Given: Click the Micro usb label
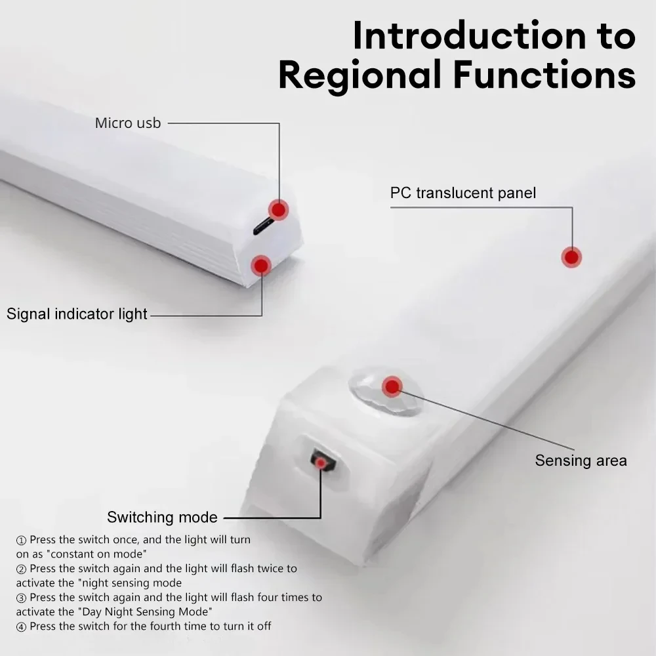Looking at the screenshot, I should point(128,123).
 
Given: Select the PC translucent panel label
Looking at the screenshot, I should point(463,193).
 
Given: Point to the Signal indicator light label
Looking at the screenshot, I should point(77,314).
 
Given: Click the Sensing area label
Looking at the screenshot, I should point(581,461).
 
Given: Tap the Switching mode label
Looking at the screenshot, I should point(162,517).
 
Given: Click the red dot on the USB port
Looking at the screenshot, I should point(279,209).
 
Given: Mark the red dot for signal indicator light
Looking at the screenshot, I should point(262,265).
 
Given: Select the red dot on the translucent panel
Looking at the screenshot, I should point(572,257).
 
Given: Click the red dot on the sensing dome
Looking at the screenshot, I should point(392,386).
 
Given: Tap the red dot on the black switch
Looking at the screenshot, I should point(320,464).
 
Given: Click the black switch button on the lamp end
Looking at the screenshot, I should point(323,459).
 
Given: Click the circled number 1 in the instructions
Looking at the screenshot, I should point(21,540).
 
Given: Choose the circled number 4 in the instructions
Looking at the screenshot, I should point(21,626).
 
